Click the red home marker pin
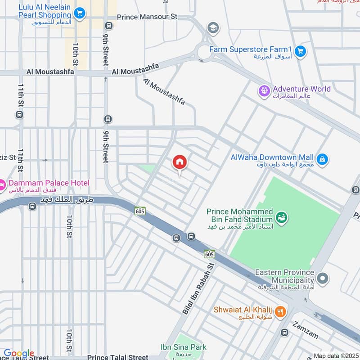pos(180,162)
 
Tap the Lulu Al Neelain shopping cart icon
pos(80,13)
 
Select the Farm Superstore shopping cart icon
pos(301,52)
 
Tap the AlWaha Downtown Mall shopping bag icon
pos(322,159)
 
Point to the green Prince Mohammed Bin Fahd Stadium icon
pos(282,217)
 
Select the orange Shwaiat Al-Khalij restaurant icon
pos(280,311)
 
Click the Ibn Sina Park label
pos(184,347)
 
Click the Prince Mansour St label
pos(147,17)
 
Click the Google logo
pos(18,354)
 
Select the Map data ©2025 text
pos(336,356)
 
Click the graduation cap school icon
pos(213,28)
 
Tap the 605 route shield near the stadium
pos(209,254)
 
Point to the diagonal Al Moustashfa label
pos(164,92)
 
